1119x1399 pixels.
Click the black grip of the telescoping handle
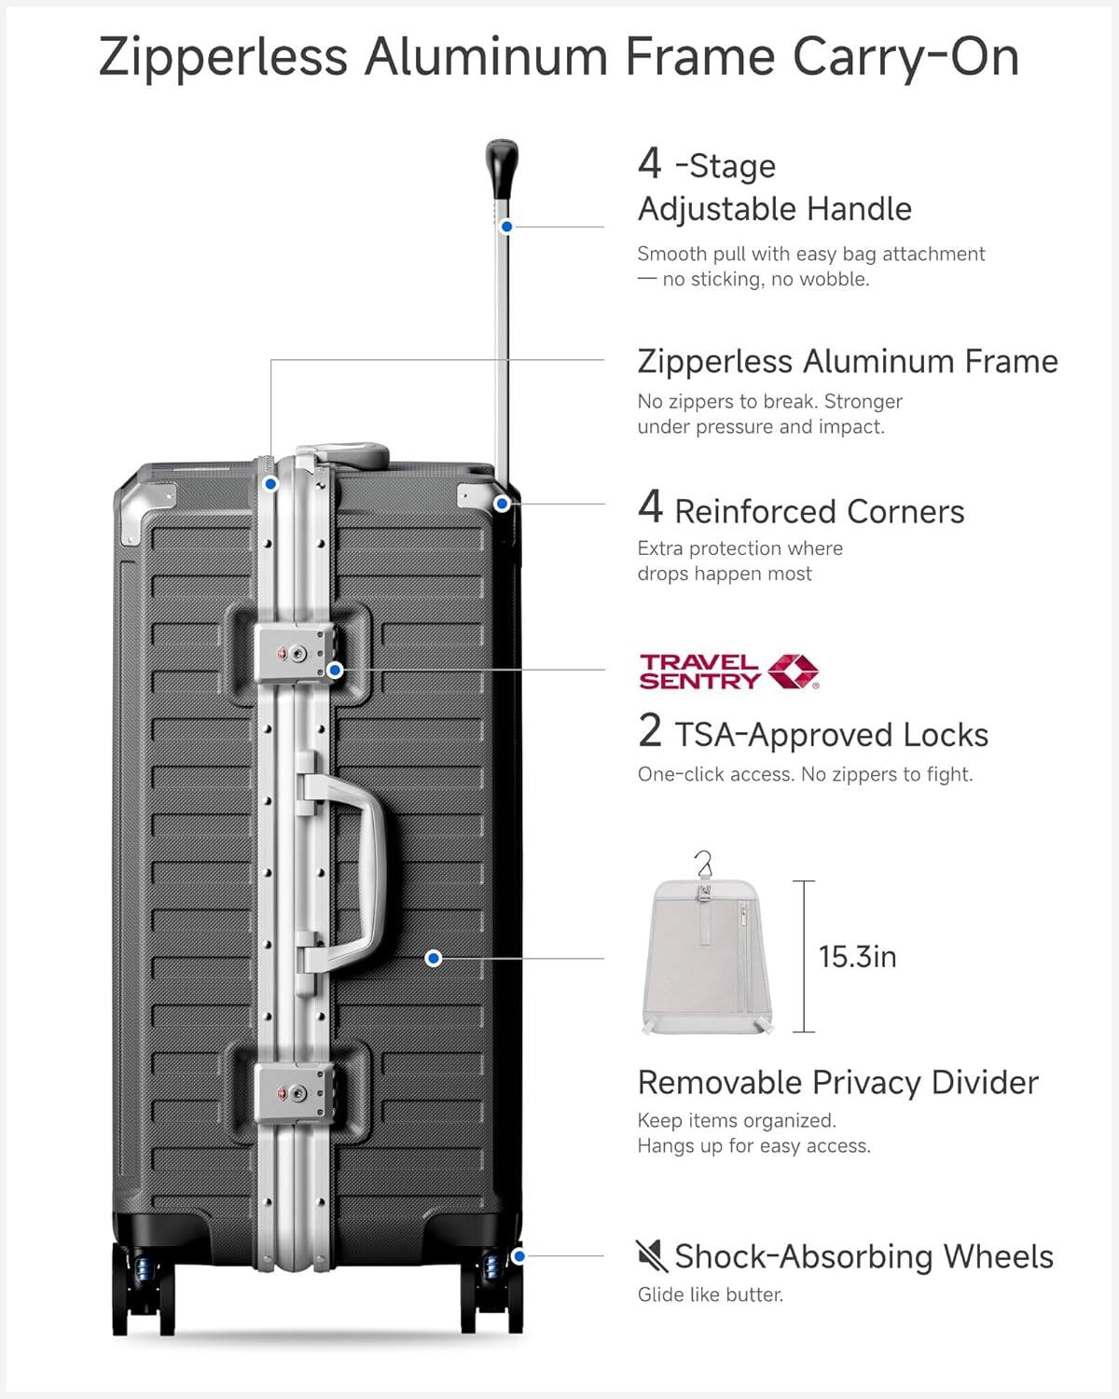501,167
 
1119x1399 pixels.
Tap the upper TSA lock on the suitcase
292,653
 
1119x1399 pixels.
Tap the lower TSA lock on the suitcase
292,1091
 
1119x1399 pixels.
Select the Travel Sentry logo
728,672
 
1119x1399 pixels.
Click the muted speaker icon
651,1255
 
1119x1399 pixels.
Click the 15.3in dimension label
857,957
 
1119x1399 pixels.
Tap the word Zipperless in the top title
223,58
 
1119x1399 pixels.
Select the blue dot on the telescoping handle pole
506,227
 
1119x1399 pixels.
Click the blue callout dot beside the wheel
518,1256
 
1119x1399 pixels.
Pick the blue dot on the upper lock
336,670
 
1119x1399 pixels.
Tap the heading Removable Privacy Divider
837,1083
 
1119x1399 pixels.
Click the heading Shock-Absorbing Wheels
863,1256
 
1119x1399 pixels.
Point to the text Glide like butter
710,1295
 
